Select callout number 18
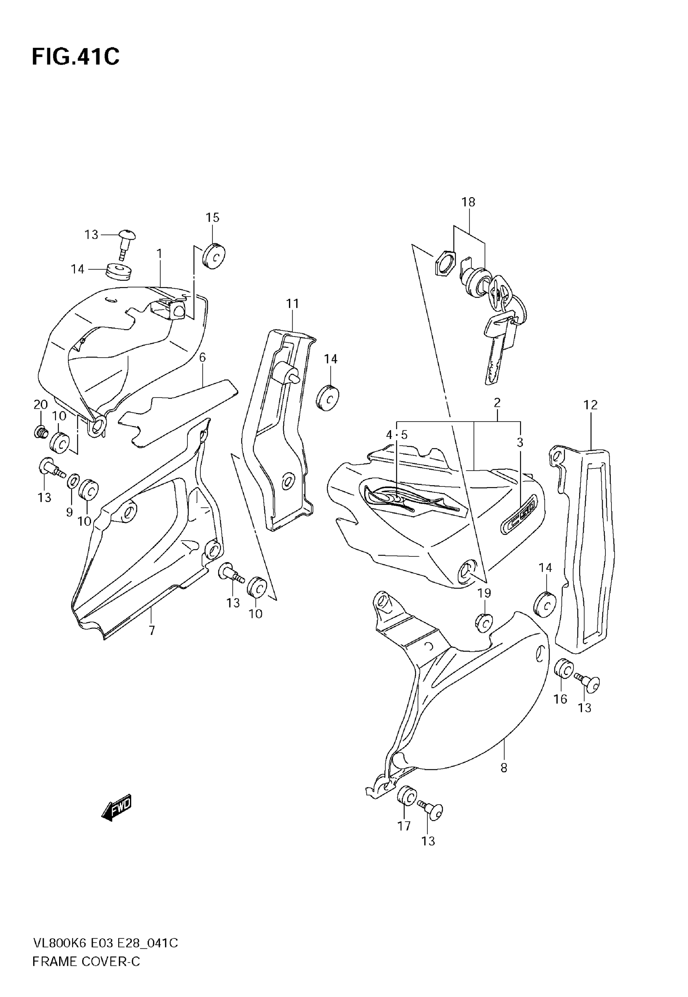click(x=468, y=202)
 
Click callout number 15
click(x=212, y=217)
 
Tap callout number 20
click(x=40, y=405)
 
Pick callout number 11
click(x=293, y=304)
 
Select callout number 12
click(x=590, y=405)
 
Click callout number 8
click(x=504, y=767)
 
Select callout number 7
click(x=152, y=631)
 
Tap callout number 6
click(x=202, y=357)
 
